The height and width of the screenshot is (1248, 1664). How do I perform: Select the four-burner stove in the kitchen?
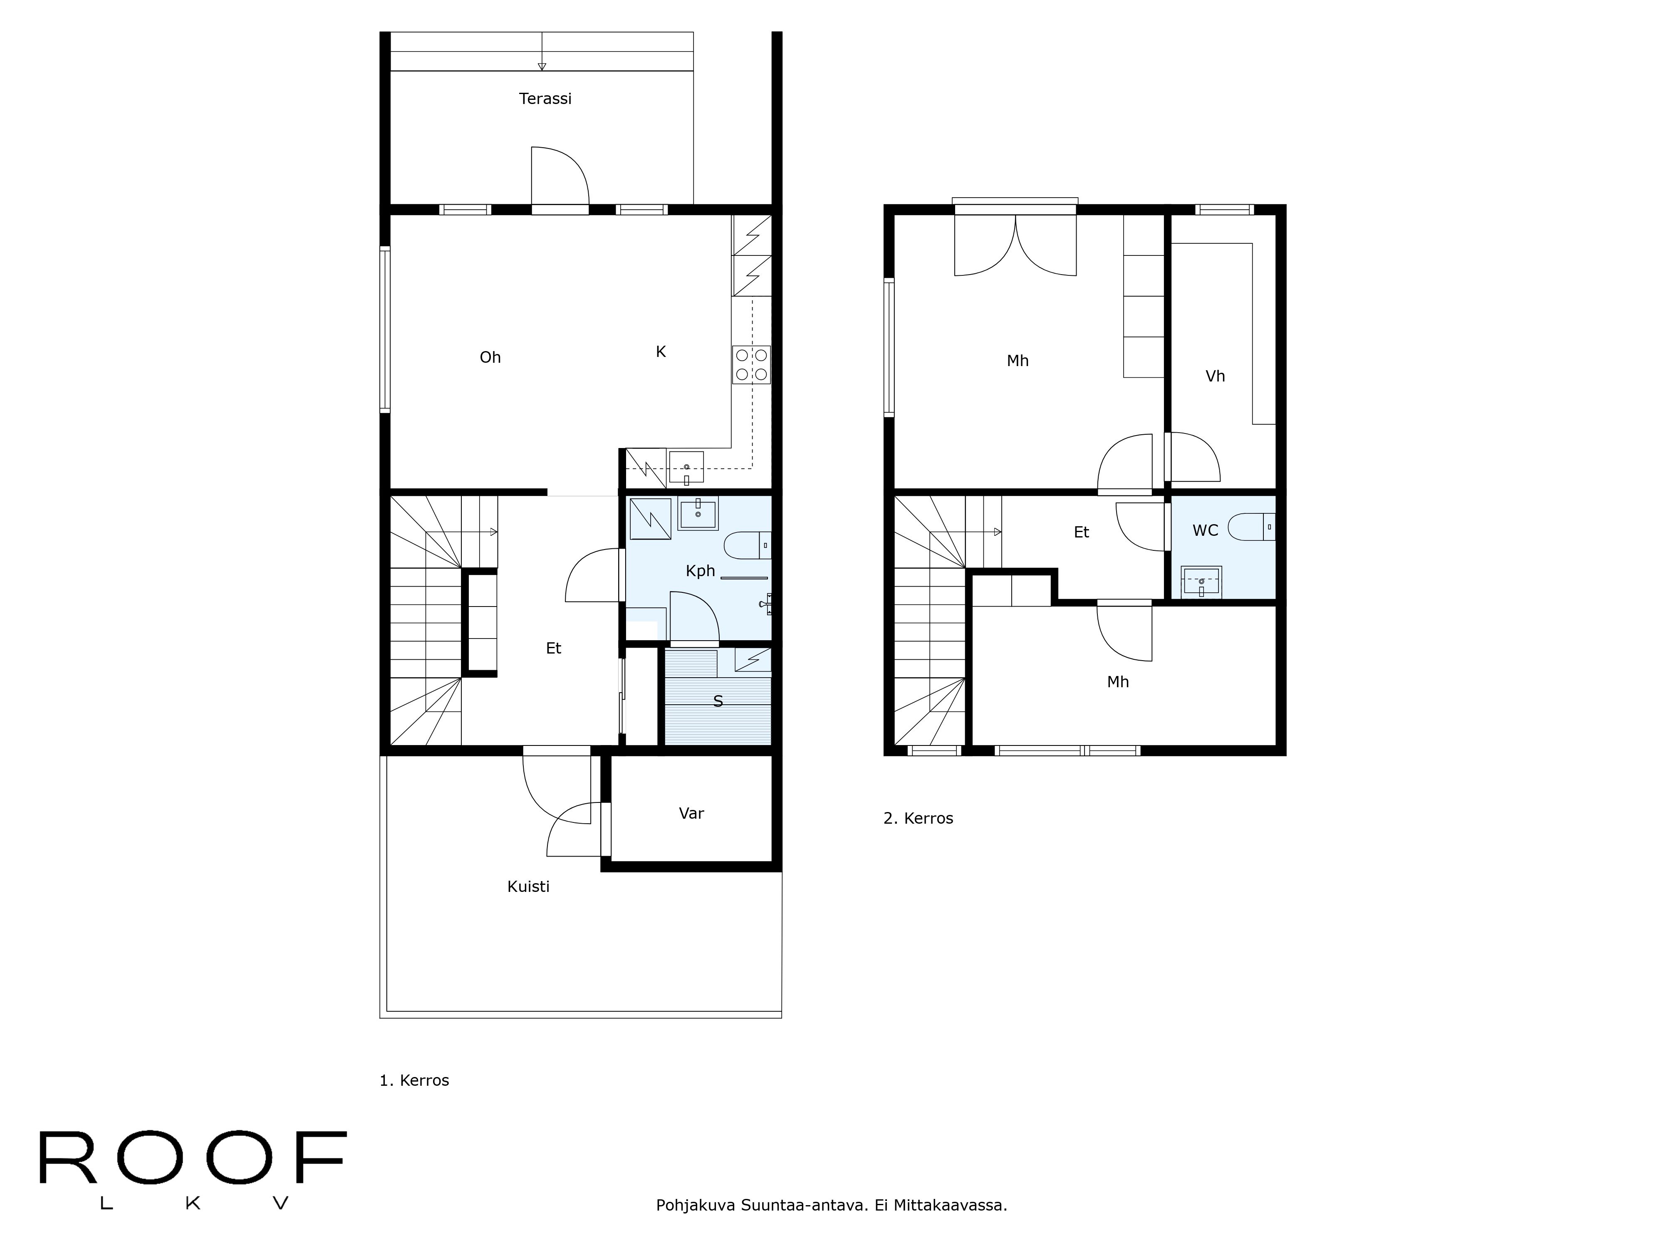(751, 365)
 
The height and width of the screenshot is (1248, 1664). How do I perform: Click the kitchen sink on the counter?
(686, 466)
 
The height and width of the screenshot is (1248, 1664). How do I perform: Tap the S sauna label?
(718, 701)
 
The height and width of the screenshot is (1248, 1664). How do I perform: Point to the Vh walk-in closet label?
(1215, 376)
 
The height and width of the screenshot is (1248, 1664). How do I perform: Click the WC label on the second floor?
(1205, 530)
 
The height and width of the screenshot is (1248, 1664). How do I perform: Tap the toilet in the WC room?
(1251, 527)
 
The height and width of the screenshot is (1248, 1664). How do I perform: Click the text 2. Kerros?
(918, 818)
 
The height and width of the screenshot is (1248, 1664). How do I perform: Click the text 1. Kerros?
(414, 1080)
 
